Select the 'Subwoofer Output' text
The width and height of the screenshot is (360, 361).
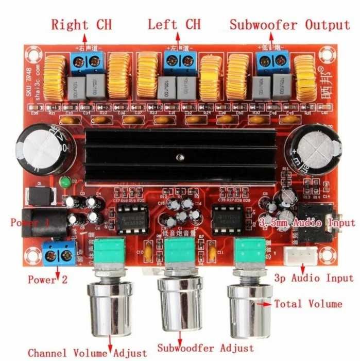pos(289,24)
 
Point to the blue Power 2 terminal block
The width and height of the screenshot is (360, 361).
pos(58,254)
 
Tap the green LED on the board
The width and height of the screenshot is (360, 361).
pos(65,182)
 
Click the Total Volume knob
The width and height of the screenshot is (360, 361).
pos(249,305)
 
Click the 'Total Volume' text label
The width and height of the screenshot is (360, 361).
pos(308,304)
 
